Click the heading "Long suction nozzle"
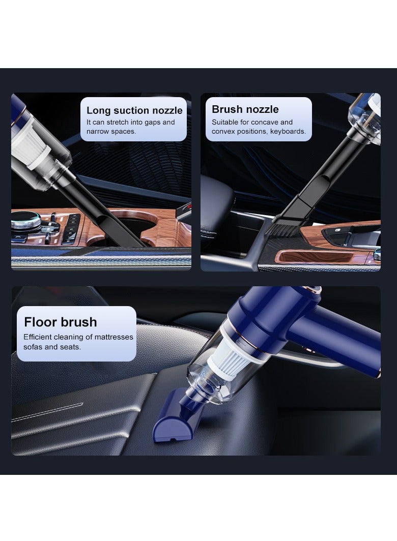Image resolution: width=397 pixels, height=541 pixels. coord(134,110)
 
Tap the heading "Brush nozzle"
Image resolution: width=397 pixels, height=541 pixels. coord(245,109)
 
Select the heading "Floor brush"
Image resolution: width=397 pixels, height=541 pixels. coord(60,322)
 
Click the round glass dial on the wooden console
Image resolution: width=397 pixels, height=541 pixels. coord(23,222)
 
